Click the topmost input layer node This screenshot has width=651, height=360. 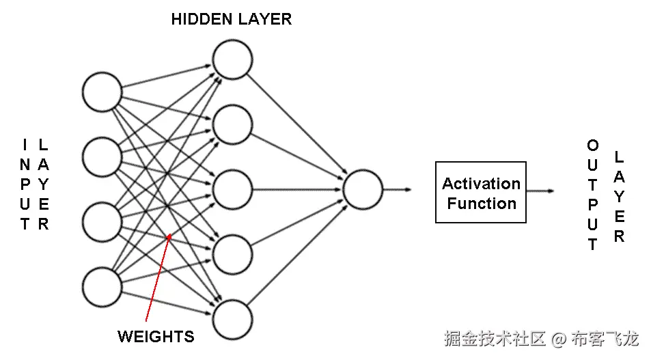[102, 92]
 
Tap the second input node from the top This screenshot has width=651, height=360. [102, 157]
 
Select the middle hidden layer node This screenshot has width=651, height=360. [232, 190]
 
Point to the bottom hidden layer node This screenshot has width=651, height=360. [232, 320]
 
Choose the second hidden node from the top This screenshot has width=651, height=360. [232, 125]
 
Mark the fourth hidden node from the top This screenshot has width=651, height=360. [232, 255]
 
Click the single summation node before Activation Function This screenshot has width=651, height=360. [363, 189]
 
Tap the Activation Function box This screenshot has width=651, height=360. [481, 192]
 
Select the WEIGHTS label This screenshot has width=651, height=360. [156, 336]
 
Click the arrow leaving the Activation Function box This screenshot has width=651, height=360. [540, 192]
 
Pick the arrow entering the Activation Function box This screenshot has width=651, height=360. [398, 189]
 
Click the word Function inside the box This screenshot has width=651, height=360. [482, 204]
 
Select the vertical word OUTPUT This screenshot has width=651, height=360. [593, 195]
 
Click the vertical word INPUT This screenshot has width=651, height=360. [25, 184]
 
